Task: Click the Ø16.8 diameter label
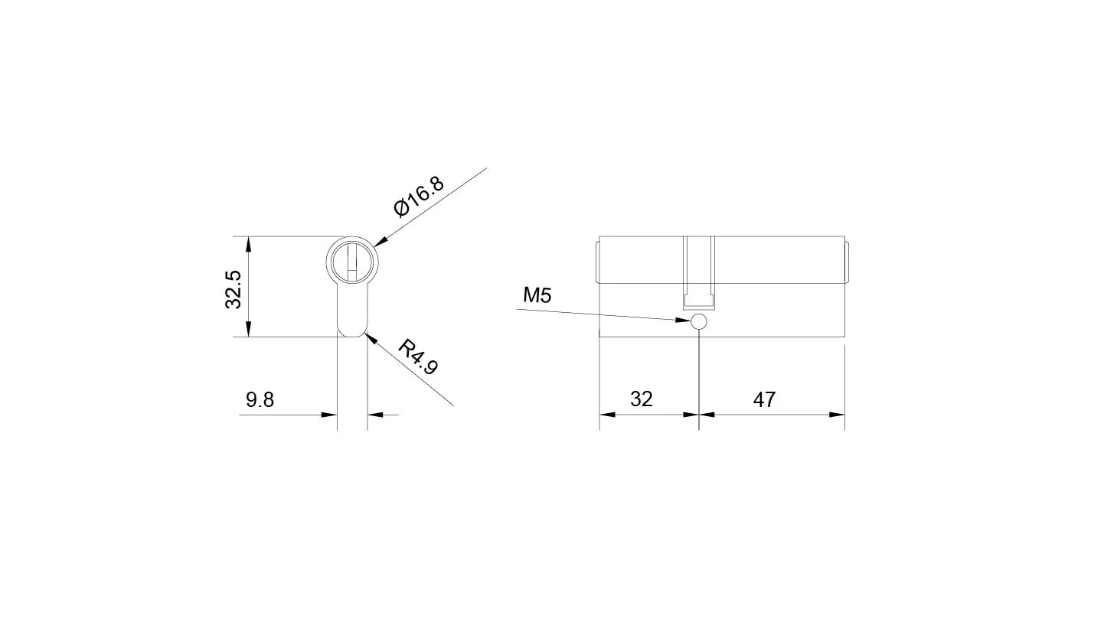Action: [x=418, y=197]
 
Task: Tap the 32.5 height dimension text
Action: [x=234, y=290]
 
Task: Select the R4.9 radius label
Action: [x=417, y=357]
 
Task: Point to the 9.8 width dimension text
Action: [x=260, y=400]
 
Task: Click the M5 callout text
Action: [x=537, y=295]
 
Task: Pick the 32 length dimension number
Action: [x=641, y=399]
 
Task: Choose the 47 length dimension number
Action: [x=764, y=400]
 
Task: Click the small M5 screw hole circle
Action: [x=699, y=321]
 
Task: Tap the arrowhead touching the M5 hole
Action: [x=683, y=320]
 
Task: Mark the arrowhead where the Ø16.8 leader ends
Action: [x=380, y=241]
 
